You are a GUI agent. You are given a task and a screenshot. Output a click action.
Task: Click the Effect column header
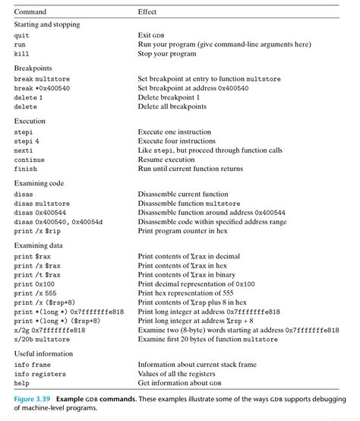[x=147, y=12]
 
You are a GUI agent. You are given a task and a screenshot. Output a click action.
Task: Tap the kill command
[x=21, y=54]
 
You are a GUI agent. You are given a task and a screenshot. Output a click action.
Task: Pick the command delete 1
[x=28, y=98]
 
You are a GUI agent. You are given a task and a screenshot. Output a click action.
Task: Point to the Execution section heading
[x=30, y=121]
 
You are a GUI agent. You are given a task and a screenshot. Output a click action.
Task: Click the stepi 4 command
[x=27, y=141]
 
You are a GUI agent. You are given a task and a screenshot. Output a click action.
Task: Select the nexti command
[x=23, y=150]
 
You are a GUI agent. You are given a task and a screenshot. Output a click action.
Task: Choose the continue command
[x=29, y=160]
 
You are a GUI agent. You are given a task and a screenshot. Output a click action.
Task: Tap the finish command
[x=25, y=169]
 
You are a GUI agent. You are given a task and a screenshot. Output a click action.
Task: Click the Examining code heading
[x=39, y=183]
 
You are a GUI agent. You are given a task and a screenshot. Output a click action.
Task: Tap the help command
[x=21, y=383]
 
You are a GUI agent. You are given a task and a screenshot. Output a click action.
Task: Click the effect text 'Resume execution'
[x=167, y=160]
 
